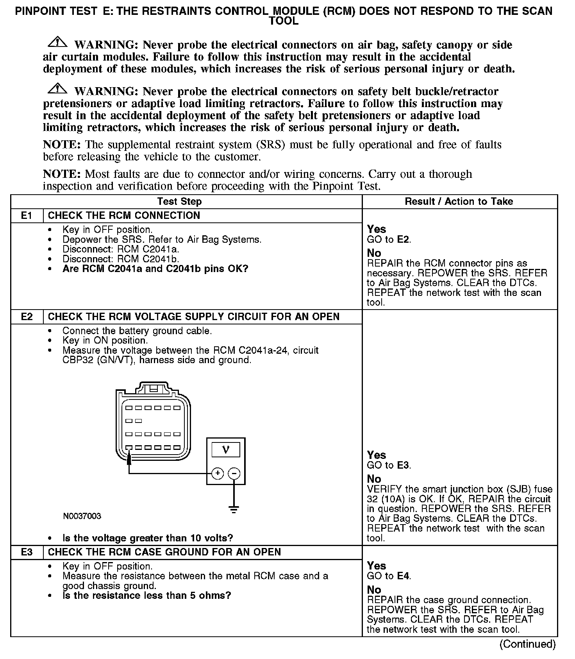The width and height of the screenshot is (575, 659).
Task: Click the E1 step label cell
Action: click(x=27, y=216)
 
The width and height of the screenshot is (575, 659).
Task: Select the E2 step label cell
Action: click(x=27, y=317)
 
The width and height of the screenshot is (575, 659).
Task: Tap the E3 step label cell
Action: click(x=27, y=552)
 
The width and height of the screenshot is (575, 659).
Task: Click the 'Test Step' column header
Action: click(x=179, y=202)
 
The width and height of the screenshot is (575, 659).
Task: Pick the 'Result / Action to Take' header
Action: click(x=459, y=202)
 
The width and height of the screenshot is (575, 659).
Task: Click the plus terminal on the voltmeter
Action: click(x=217, y=474)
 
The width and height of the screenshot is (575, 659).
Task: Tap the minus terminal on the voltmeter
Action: click(x=234, y=474)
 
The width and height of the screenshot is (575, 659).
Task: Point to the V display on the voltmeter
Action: click(x=226, y=450)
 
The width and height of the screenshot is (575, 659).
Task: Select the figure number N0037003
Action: click(x=82, y=516)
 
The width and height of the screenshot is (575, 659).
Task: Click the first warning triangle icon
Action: click(x=58, y=42)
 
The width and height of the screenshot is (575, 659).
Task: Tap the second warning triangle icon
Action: click(x=58, y=88)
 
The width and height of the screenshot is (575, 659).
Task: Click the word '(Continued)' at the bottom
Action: click(x=527, y=644)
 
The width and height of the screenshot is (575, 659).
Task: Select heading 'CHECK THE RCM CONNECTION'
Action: click(x=124, y=216)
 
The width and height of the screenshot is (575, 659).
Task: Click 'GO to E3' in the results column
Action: click(x=389, y=466)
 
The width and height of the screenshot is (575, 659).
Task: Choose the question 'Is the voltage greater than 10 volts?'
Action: click(x=148, y=538)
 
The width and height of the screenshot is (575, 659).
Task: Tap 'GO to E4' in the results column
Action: click(x=389, y=576)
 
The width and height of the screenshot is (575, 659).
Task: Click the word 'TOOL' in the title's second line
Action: click(x=284, y=21)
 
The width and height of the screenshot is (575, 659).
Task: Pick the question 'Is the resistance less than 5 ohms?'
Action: click(x=147, y=596)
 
